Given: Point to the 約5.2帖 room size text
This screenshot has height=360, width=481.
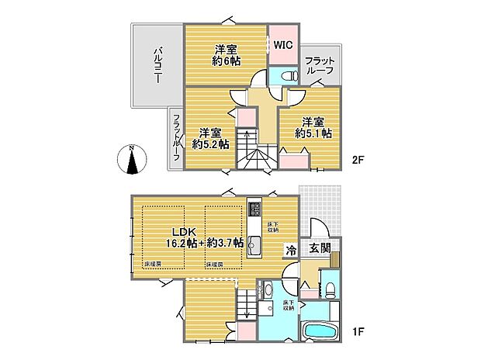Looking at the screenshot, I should click(x=211, y=144).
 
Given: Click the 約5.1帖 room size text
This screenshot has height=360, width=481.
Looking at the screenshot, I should click(x=313, y=133).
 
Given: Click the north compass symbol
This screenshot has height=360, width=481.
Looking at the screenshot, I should click(x=133, y=161).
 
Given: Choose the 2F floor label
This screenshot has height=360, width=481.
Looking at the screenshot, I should click(x=357, y=161).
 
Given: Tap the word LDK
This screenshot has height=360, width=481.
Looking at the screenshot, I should click(x=184, y=230).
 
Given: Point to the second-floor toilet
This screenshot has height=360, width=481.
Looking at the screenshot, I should click(x=287, y=75).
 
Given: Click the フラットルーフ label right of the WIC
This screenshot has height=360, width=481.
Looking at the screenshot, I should click(x=319, y=65).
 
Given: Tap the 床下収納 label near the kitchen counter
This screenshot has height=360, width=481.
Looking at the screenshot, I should click(x=272, y=227).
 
